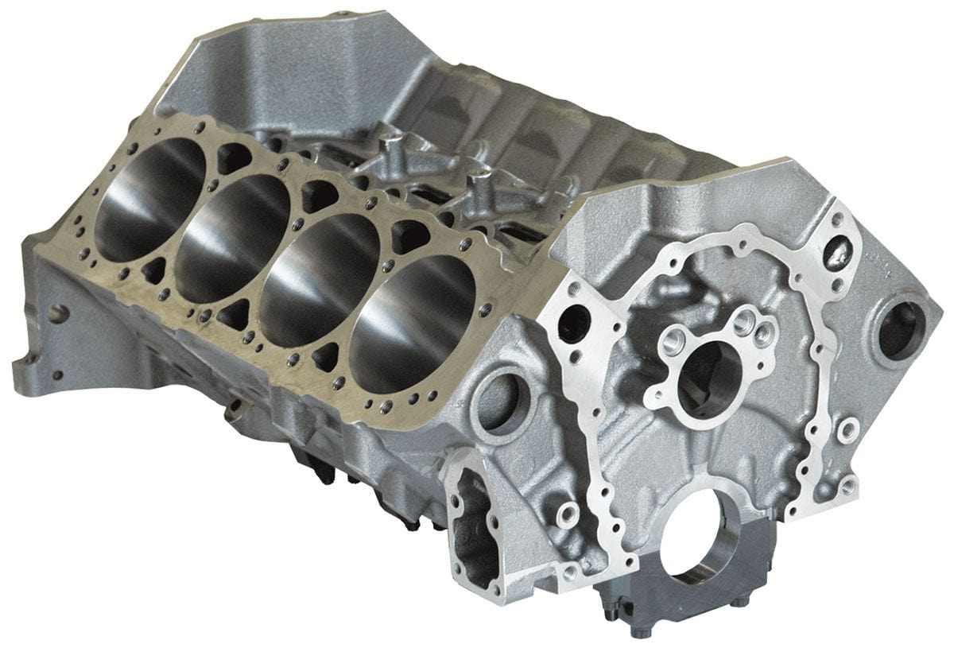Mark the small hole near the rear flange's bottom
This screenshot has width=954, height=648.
[57, 374]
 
